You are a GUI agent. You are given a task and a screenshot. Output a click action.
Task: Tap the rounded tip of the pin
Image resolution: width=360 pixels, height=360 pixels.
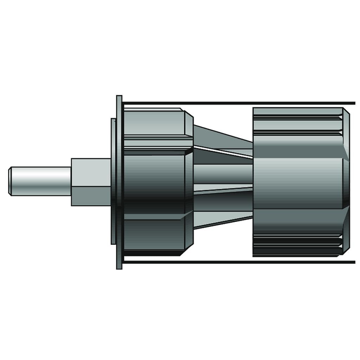click(11, 181)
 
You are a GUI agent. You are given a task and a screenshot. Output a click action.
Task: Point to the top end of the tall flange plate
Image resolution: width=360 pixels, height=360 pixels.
click(119, 98)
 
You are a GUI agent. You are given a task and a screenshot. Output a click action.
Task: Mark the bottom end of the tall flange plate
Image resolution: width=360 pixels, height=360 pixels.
click(119, 266)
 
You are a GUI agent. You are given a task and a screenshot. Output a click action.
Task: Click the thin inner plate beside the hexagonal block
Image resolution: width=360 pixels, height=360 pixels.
click(113, 181)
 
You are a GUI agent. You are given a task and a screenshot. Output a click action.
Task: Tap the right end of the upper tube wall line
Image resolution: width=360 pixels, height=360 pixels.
click(353, 103)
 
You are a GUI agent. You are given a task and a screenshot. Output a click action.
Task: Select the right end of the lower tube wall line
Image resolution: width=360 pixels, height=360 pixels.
click(353, 262)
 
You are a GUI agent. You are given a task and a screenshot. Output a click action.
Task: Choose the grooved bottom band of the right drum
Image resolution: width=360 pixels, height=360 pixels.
click(297, 244)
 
